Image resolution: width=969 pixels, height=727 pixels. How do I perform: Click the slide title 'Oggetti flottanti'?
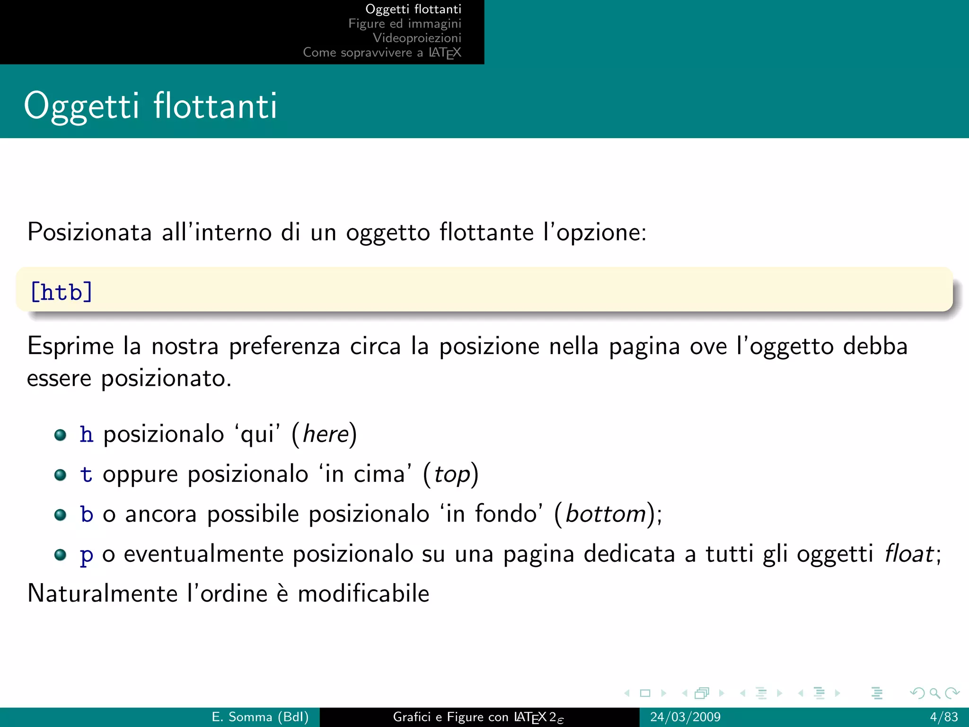click(x=150, y=106)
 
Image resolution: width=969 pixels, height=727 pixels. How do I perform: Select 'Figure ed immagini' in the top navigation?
click(x=405, y=24)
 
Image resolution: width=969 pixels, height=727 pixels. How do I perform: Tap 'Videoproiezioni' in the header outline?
click(x=417, y=38)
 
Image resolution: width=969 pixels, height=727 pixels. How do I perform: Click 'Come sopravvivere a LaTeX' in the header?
click(x=382, y=53)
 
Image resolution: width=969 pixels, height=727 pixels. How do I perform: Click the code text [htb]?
click(x=62, y=292)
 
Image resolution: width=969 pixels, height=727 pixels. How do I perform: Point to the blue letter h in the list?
click(x=86, y=434)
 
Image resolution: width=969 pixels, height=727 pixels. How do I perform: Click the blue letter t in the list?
click(x=86, y=474)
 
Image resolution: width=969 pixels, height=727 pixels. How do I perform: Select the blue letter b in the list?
click(x=87, y=514)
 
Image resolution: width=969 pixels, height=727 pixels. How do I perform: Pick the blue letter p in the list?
click(x=86, y=555)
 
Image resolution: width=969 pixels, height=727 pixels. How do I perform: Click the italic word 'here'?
click(x=326, y=434)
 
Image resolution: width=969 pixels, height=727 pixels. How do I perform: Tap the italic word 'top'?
click(x=452, y=475)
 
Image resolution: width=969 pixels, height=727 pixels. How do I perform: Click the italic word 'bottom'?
click(x=606, y=514)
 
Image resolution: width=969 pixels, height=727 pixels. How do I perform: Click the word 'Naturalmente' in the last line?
click(x=102, y=594)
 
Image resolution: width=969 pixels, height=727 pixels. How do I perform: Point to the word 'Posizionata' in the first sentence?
click(x=89, y=232)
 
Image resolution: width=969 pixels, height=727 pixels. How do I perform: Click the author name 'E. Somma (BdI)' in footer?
click(x=260, y=717)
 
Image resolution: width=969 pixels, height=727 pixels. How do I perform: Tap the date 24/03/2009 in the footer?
click(x=685, y=717)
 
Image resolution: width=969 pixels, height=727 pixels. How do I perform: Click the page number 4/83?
click(x=943, y=717)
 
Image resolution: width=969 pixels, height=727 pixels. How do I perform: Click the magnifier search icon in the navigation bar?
click(x=934, y=693)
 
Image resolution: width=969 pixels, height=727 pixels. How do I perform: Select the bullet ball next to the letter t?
click(x=60, y=475)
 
